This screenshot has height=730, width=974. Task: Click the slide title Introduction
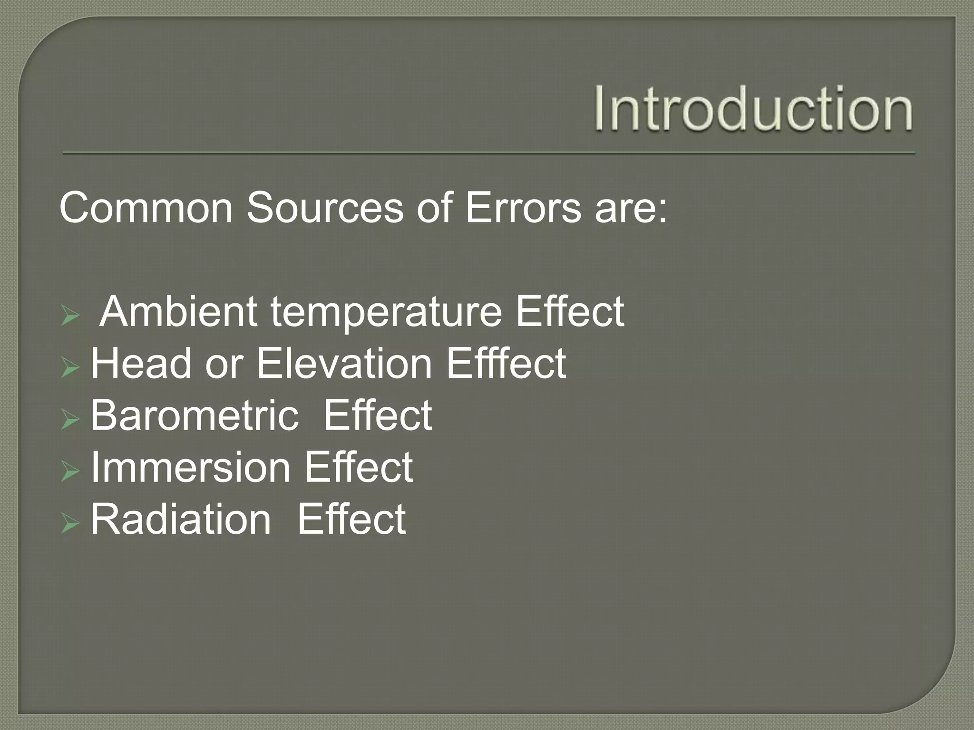coord(753,109)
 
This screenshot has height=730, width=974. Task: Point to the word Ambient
coord(178,312)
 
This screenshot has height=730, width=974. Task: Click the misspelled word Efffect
coord(506,364)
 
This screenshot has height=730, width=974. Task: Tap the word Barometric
coord(195,415)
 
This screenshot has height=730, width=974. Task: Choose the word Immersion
coord(190,467)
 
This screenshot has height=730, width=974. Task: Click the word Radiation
coord(181,519)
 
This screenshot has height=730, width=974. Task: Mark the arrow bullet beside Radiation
coord(69,524)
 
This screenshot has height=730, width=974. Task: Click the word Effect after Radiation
coord(351,519)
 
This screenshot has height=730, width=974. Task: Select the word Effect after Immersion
coord(359,467)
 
